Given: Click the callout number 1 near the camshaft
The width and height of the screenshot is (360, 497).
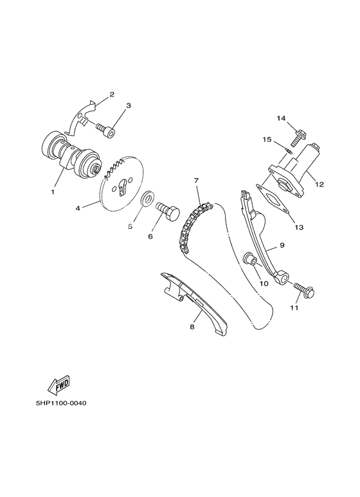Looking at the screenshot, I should pos(53,192).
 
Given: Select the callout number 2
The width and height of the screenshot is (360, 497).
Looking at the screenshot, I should pos(111,95).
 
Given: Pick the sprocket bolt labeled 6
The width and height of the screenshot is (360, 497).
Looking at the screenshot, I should pos(169,210).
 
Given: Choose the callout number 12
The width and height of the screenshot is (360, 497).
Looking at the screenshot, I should pos(319,185).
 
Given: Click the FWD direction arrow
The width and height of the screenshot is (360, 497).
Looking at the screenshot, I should pos(59,386).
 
